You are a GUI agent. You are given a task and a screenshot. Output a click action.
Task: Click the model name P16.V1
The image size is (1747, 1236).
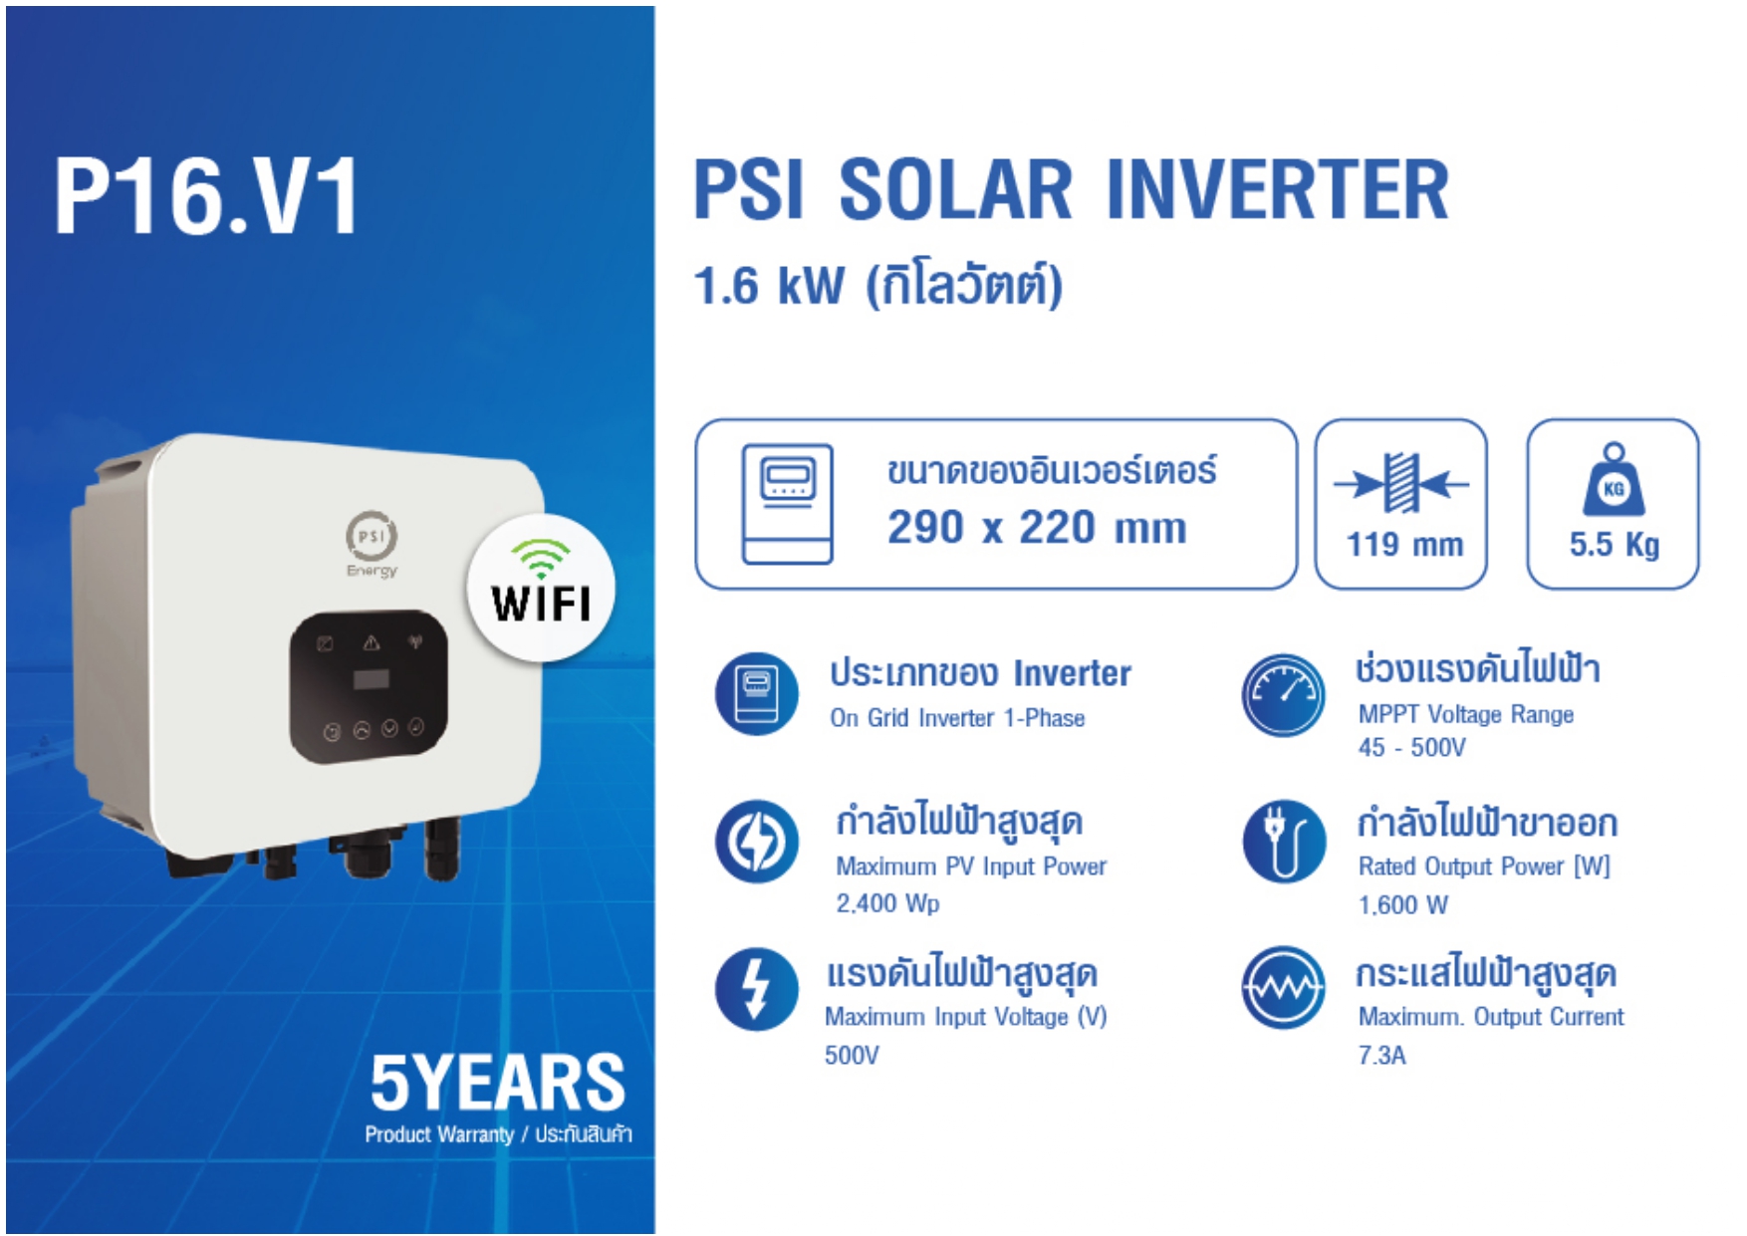206,196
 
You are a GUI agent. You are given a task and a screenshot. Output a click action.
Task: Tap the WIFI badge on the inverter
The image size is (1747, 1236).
541,588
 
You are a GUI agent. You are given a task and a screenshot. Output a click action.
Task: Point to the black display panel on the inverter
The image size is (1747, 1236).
369,686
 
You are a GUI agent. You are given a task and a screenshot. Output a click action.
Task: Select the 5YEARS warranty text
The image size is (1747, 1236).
497,1083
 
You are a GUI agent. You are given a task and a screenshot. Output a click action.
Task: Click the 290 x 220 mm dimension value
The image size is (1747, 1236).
1036,527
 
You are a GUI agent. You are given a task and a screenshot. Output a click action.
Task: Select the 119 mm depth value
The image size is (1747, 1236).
1404,544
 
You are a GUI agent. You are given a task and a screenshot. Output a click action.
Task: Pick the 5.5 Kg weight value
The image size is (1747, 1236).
1614,544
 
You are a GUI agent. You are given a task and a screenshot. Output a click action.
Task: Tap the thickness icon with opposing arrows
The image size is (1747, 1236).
1401,484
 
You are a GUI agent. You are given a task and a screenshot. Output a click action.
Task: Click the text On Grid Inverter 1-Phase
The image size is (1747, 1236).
957,718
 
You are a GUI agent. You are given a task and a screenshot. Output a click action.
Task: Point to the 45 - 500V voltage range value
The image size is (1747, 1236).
1411,747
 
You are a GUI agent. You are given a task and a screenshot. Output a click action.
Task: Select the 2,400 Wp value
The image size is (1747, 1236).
887,903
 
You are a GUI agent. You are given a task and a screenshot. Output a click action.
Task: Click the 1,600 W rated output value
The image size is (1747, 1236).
1402,904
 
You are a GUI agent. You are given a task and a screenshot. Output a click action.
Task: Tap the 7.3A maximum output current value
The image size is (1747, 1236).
1381,1055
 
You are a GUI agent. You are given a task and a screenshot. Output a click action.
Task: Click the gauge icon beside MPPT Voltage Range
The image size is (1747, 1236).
1283,694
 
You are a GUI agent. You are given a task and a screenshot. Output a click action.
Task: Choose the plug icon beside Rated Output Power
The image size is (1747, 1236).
1283,842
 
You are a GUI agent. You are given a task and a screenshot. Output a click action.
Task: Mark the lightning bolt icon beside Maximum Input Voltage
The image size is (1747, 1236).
757,989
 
